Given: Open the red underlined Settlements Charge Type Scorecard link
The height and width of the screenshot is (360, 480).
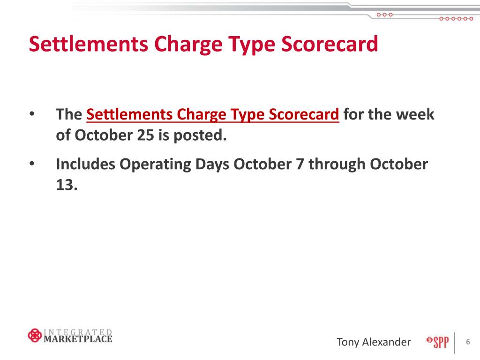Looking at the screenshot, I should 213,114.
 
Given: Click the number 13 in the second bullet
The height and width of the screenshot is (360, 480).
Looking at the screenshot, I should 66,186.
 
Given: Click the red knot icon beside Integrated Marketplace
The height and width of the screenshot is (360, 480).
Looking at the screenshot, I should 34,336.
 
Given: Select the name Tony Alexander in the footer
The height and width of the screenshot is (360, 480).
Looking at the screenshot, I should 374,342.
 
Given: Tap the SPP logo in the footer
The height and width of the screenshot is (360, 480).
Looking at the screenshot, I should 437,342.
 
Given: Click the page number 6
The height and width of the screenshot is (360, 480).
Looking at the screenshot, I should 467,342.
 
